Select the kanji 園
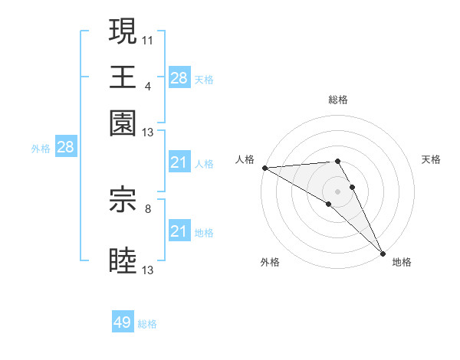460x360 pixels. click(x=123, y=123)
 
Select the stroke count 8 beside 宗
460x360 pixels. click(x=148, y=206)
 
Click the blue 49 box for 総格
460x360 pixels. click(x=123, y=322)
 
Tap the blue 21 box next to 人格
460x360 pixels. click(x=179, y=162)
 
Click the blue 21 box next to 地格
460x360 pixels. click(x=179, y=231)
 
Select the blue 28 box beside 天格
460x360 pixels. click(x=179, y=78)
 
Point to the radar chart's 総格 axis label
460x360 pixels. click(x=338, y=100)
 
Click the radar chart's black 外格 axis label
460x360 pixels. click(x=270, y=262)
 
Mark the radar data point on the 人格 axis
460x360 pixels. click(x=264, y=168)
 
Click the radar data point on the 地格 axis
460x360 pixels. click(x=383, y=253)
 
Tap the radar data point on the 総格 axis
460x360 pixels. click(x=338, y=161)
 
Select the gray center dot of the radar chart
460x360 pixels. click(x=338, y=191)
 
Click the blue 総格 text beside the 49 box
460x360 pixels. click(x=147, y=324)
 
